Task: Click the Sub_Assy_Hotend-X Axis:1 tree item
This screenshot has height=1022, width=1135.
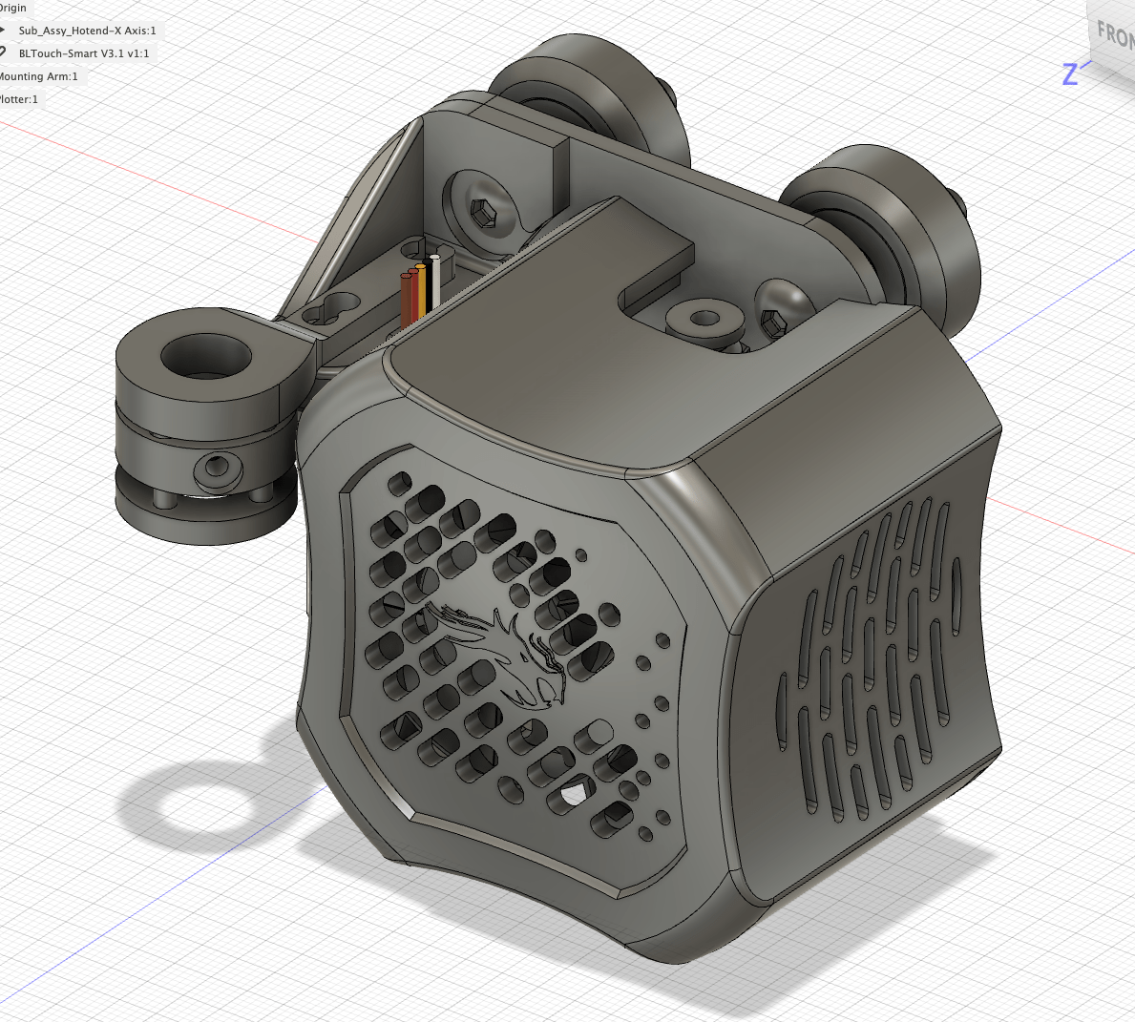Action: point(86,31)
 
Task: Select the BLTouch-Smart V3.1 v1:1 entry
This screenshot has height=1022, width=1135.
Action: point(84,53)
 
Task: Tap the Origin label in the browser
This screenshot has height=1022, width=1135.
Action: point(13,8)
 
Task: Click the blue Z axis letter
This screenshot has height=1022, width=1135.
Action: point(1070,73)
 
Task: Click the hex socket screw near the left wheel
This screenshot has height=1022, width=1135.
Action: point(484,212)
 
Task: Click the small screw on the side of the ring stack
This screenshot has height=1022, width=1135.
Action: point(215,469)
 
